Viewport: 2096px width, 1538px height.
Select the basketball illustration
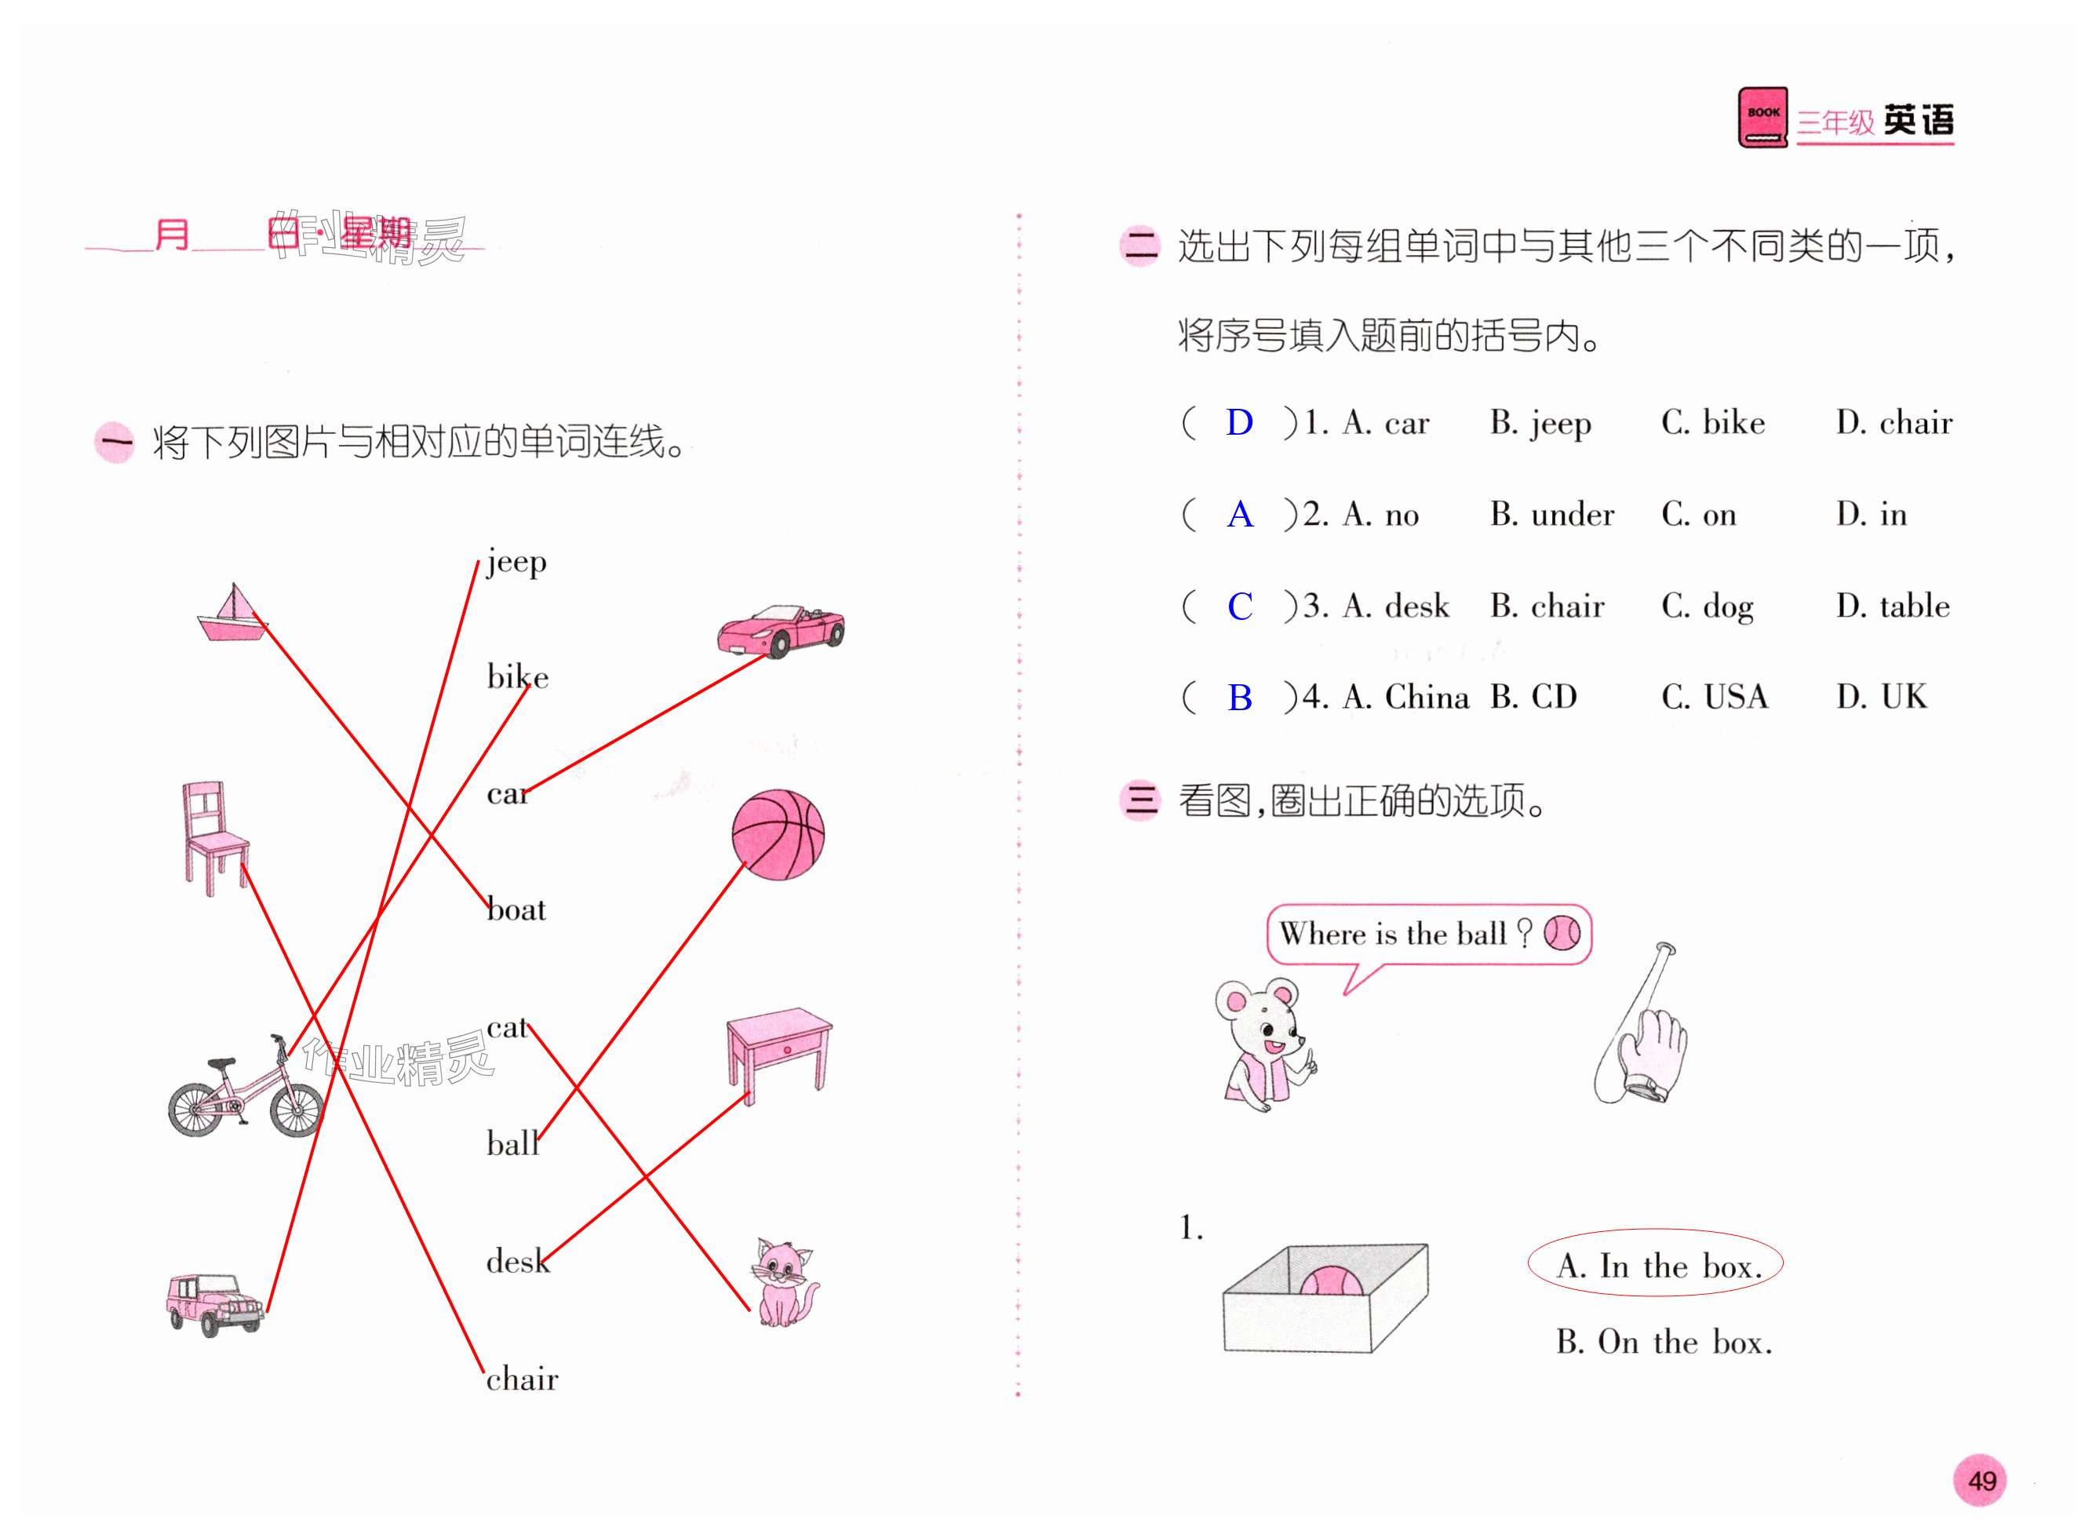(778, 835)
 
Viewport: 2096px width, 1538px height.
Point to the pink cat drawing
(782, 1282)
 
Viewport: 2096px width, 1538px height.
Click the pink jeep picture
(214, 1303)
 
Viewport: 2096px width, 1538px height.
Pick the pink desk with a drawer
(778, 1052)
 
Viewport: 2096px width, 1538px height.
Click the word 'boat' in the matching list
(516, 909)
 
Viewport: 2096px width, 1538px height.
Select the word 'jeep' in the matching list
(516, 563)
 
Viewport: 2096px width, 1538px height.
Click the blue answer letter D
(1238, 424)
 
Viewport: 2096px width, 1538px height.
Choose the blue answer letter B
(1239, 698)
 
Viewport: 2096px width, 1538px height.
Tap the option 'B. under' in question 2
(1551, 515)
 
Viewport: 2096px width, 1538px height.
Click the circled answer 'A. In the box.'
(1655, 1264)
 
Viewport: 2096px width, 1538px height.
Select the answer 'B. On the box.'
(1663, 1342)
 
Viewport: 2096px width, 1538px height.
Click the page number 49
(1981, 1479)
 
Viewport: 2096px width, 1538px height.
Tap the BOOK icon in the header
(1762, 117)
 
